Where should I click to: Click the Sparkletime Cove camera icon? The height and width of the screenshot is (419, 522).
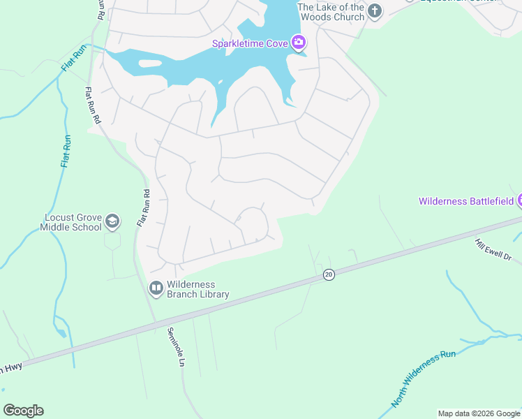(299, 43)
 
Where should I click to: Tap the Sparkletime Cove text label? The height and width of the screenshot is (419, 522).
(251, 44)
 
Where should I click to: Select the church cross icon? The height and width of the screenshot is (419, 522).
(375, 10)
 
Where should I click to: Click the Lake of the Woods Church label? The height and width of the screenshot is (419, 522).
(331, 12)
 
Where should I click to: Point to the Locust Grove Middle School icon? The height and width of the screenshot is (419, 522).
(112, 222)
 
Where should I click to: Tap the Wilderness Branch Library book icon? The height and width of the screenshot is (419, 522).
(156, 288)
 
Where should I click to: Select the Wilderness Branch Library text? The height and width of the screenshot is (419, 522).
(197, 289)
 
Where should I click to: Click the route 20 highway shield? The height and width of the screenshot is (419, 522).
(329, 275)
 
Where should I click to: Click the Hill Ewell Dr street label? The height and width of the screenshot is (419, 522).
(493, 249)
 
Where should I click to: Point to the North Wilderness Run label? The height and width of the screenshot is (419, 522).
(423, 379)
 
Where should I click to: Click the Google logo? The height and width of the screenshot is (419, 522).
(23, 411)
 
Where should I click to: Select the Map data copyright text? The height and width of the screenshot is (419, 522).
(478, 413)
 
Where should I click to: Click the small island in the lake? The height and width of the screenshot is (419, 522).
(150, 64)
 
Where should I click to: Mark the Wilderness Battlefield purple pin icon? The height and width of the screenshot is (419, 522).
(519, 201)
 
